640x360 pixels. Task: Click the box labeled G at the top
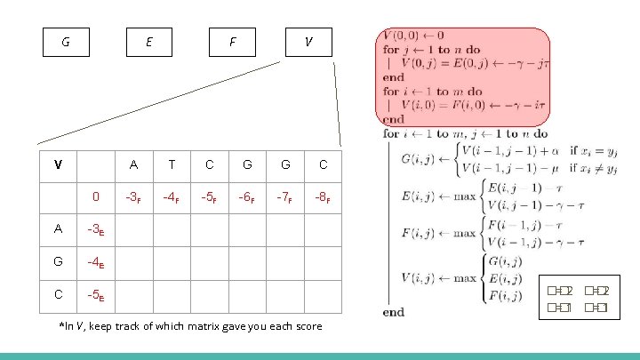pyautogui.click(x=67, y=42)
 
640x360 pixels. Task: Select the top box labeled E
pyautogui.click(x=148, y=42)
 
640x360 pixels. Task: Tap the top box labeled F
pyautogui.click(x=232, y=42)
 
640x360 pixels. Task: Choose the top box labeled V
pyautogui.click(x=308, y=42)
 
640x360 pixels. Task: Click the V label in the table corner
pyautogui.click(x=58, y=164)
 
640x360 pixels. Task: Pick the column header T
pyautogui.click(x=172, y=164)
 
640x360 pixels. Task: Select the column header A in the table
pyautogui.click(x=133, y=164)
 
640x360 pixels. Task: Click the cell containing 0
pyautogui.click(x=96, y=196)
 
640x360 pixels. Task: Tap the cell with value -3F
pyautogui.click(x=133, y=196)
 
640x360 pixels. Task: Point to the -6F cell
pyautogui.click(x=247, y=196)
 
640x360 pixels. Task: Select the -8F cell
pyautogui.click(x=323, y=196)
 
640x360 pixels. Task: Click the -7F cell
pyautogui.click(x=284, y=196)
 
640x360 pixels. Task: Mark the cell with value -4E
pyautogui.click(x=96, y=261)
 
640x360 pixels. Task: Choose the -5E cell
pyautogui.click(x=96, y=294)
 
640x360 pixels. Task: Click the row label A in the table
pyautogui.click(x=58, y=228)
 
